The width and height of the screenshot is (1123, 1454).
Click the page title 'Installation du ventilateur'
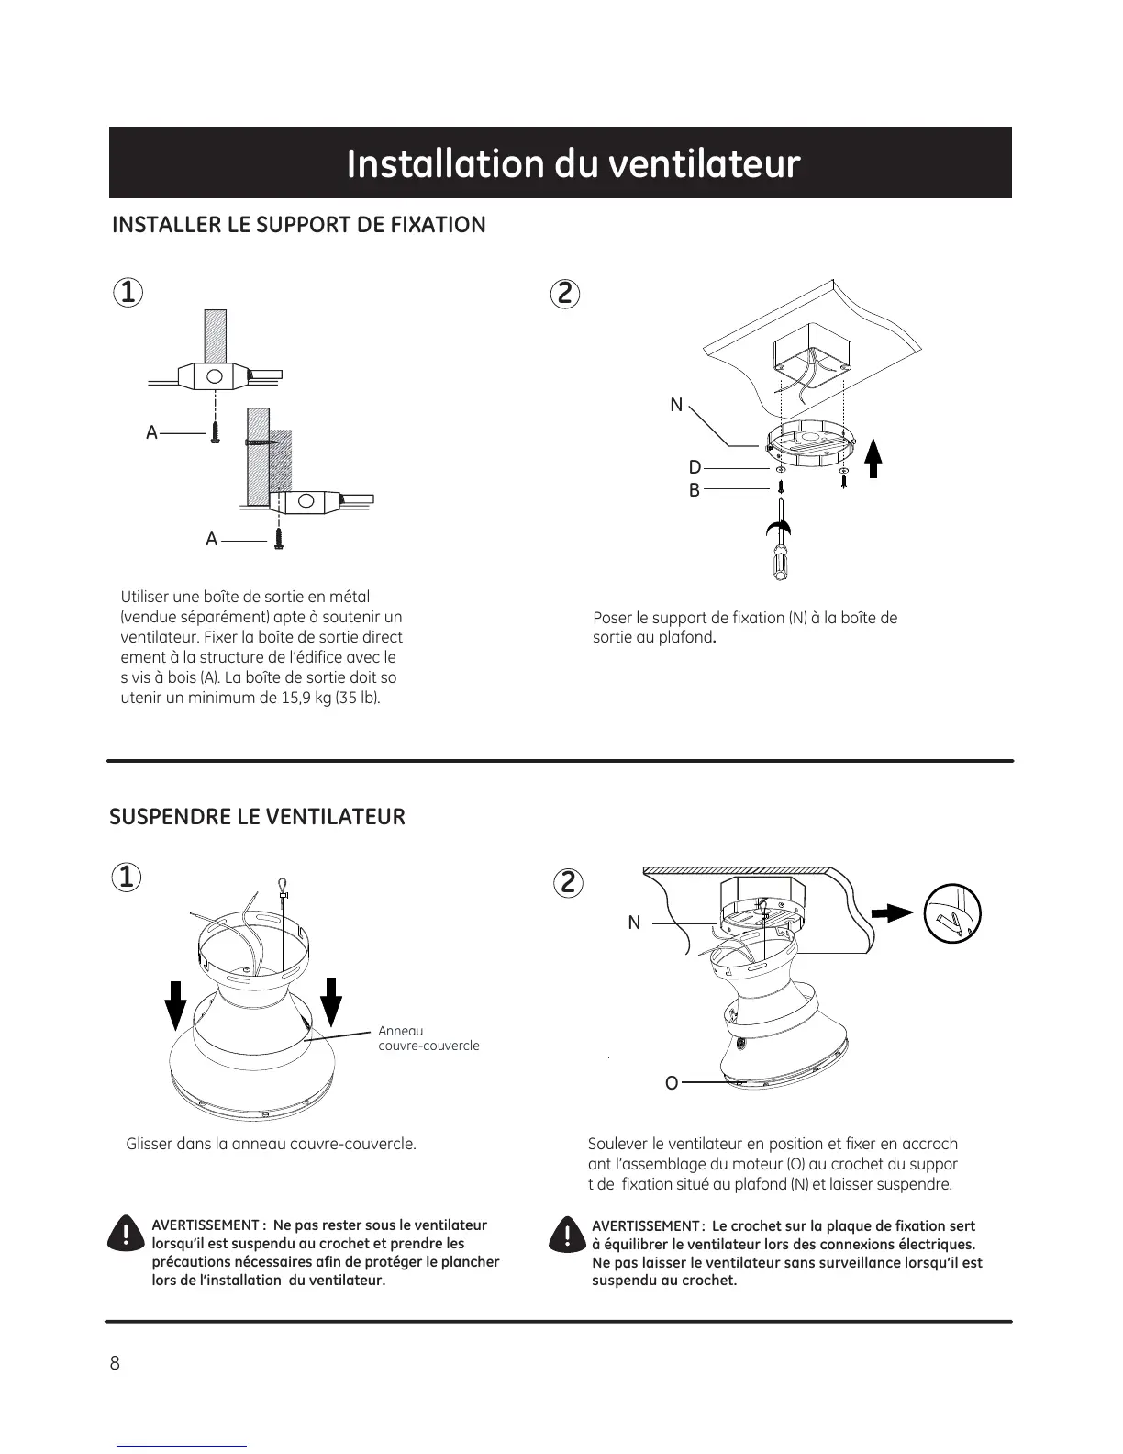(x=573, y=164)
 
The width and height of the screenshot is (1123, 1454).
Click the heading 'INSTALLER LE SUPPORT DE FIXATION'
(x=298, y=225)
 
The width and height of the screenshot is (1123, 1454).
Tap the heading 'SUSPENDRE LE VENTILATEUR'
(x=257, y=817)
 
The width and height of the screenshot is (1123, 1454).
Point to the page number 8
(x=115, y=1363)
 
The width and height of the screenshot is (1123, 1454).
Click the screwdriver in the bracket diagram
(x=780, y=546)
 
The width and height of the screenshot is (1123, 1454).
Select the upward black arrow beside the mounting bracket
(x=873, y=458)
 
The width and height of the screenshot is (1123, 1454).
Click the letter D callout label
(x=695, y=468)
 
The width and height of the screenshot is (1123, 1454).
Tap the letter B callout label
(x=695, y=491)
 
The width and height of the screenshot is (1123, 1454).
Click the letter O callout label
(x=672, y=1083)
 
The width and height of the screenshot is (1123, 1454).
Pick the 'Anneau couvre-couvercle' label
(x=428, y=1038)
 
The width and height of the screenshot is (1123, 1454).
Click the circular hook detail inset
(x=953, y=913)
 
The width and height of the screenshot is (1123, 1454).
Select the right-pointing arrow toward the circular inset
(x=892, y=912)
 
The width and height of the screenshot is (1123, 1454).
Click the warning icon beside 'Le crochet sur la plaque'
(x=567, y=1235)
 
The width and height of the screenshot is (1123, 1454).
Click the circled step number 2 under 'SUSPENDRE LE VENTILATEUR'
(x=568, y=883)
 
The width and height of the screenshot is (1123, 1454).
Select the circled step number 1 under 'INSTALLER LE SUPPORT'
(x=128, y=293)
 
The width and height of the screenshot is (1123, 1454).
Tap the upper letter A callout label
(x=152, y=432)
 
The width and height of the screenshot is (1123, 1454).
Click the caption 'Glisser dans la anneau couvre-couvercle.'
(x=271, y=1145)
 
